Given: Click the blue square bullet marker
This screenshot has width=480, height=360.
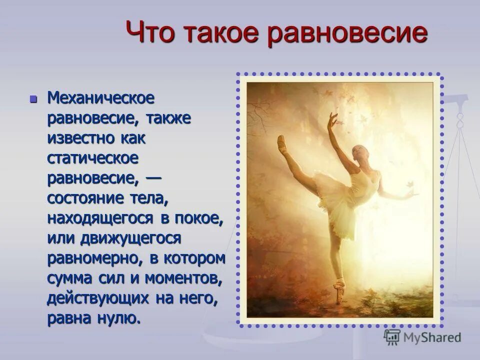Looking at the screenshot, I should tap(34, 98).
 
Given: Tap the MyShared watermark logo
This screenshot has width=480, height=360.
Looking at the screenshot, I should tap(421, 337).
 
